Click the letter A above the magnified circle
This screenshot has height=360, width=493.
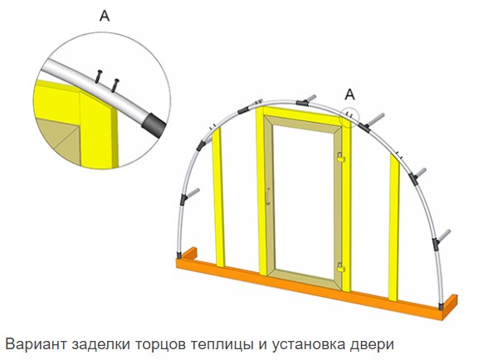tap(105, 16)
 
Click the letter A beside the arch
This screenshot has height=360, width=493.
tap(350, 95)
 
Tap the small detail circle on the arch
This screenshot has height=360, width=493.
tap(349, 118)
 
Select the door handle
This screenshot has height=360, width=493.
tap(267, 197)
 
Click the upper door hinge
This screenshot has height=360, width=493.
tap(341, 157)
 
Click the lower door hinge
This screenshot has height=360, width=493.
tap(341, 267)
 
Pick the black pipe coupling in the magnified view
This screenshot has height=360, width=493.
tap(154, 125)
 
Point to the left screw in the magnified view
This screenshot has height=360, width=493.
tap(99, 76)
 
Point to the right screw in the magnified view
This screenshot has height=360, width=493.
tap(115, 85)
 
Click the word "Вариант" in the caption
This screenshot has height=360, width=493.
tap(36, 344)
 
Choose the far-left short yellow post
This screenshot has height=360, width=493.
tap(219, 197)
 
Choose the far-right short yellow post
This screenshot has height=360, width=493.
tap(394, 227)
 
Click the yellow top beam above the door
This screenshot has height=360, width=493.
tap(303, 114)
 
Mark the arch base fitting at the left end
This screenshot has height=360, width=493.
tap(179, 255)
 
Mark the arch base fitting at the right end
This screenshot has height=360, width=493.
tap(441, 306)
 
